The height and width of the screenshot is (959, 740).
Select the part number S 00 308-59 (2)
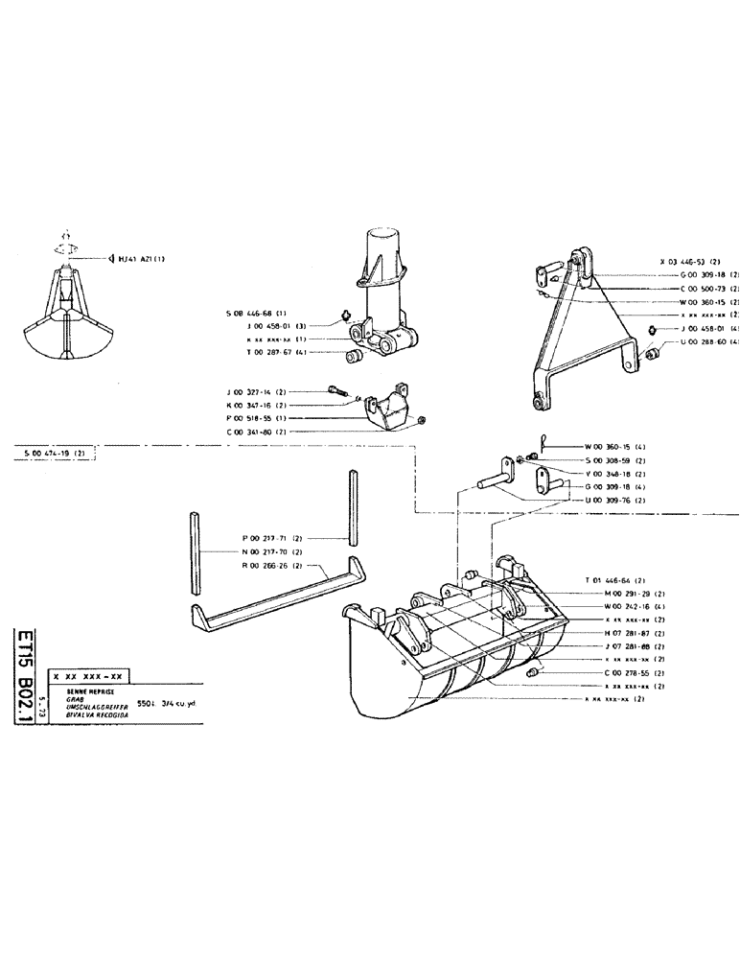tap(614, 460)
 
